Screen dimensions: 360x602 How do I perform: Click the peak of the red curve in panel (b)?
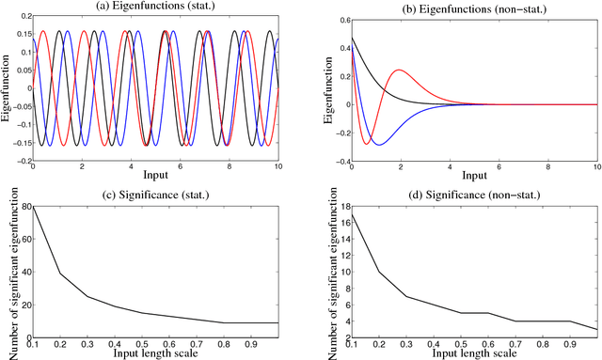tap(400, 70)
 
